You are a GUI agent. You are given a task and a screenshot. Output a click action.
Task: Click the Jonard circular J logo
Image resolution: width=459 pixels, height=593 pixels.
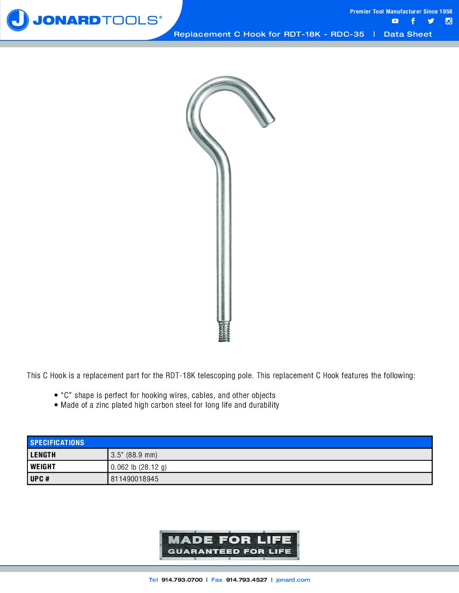coord(18,20)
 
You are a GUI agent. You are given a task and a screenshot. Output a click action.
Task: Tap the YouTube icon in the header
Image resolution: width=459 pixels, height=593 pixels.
coord(395,21)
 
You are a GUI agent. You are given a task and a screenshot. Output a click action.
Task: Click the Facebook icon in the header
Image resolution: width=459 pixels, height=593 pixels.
coord(413,21)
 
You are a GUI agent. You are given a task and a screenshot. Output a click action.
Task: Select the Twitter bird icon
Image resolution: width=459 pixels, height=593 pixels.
coord(431,21)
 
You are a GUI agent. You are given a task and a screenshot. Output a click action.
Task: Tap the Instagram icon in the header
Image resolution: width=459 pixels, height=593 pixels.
coord(449,21)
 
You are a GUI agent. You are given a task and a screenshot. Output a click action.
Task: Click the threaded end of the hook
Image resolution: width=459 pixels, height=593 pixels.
coord(224,332)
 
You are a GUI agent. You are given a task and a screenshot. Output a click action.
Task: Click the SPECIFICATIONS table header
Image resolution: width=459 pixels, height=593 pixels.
coord(57,443)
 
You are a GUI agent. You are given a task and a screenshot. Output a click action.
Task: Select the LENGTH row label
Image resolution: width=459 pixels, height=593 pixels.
coord(43,455)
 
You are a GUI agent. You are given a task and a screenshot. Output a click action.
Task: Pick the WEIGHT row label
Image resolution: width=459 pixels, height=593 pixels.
coord(43,467)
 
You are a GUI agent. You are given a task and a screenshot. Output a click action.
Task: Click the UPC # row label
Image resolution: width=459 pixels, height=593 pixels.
coord(40,479)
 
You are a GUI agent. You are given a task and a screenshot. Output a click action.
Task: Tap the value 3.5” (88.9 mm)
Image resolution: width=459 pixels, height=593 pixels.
coord(134,455)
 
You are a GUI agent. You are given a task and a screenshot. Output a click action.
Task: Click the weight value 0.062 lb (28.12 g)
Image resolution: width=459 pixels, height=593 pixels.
coord(139,467)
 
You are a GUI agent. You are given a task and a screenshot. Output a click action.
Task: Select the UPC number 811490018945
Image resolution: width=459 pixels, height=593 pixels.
coord(135,479)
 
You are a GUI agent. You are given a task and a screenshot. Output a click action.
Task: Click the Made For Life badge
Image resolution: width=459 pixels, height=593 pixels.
coord(229,545)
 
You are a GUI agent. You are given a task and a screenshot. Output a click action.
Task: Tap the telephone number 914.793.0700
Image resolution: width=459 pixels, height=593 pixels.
coord(182,580)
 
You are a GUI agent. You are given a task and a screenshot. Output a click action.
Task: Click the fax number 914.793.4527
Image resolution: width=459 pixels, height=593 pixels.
coord(246,580)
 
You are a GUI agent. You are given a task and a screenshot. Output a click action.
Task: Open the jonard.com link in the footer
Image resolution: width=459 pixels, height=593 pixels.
coord(293,580)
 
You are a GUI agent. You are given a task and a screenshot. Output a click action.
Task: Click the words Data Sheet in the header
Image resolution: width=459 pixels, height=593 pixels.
coord(408,35)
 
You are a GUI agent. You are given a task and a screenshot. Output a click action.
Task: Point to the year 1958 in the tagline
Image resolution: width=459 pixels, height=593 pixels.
coord(446,11)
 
